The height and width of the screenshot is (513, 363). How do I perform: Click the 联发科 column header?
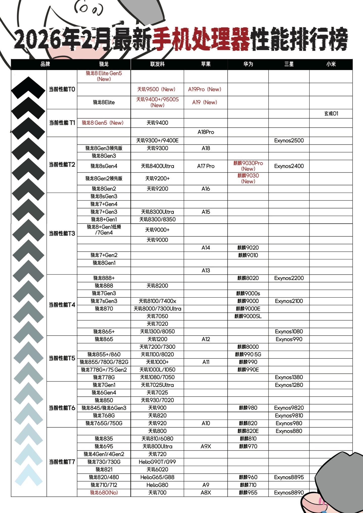click(157, 64)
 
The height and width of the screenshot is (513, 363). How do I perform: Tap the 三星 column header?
click(289, 64)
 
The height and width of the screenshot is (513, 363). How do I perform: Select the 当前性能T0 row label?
click(62, 89)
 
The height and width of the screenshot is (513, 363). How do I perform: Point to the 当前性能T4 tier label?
click(62, 305)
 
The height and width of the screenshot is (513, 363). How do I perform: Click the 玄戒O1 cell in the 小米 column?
click(331, 114)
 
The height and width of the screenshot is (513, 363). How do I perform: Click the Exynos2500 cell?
click(289, 141)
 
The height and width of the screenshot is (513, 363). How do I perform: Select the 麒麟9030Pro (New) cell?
click(248, 166)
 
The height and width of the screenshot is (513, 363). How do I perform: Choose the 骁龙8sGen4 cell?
click(104, 166)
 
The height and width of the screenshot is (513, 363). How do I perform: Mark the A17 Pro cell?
click(206, 166)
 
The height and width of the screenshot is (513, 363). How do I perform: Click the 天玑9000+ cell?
click(157, 230)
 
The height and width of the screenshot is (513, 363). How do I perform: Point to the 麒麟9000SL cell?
click(248, 316)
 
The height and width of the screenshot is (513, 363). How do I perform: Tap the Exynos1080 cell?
click(289, 332)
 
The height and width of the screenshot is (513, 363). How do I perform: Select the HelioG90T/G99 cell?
click(157, 462)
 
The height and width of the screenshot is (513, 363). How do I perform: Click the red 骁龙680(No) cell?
click(104, 493)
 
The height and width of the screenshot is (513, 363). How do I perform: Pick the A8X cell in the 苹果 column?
click(206, 493)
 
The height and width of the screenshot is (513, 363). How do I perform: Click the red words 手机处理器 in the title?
click(201, 39)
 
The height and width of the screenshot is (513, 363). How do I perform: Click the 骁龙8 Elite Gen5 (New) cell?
click(104, 76)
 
